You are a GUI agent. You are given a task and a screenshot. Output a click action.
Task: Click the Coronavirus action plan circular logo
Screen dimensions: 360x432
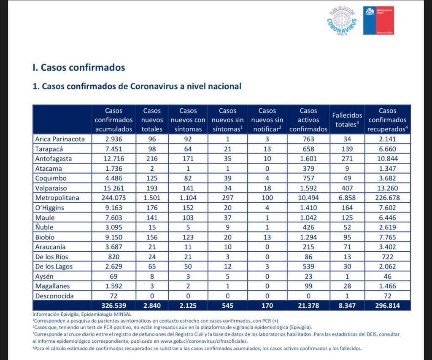click(x=342, y=21)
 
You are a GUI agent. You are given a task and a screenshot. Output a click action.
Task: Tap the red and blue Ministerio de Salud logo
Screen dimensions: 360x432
click(x=378, y=21)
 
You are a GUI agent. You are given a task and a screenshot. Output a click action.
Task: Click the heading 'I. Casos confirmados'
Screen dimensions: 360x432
click(x=79, y=67)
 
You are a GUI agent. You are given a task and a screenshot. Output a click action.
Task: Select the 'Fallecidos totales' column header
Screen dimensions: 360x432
click(x=347, y=120)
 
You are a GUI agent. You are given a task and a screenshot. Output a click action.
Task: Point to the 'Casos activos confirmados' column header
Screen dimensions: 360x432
click(x=308, y=120)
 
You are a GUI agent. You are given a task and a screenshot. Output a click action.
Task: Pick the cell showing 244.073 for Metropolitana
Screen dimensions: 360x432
click(x=113, y=198)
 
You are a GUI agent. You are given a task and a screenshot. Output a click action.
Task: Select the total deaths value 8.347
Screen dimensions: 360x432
click(x=347, y=306)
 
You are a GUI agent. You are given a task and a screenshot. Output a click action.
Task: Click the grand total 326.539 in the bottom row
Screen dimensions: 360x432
click(x=113, y=306)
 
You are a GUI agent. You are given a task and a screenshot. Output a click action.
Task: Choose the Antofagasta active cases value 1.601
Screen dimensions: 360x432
click(x=308, y=159)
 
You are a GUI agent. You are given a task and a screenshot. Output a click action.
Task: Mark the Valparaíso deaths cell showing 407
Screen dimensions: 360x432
click(x=347, y=188)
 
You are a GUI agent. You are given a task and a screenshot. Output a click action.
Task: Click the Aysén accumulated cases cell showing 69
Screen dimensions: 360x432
click(x=113, y=277)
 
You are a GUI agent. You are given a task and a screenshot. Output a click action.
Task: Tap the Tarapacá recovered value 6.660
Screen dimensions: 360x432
click(x=387, y=149)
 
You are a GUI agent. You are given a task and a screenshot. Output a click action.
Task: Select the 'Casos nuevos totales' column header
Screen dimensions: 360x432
click(x=152, y=120)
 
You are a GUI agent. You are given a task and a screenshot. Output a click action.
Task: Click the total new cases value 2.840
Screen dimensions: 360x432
click(x=152, y=306)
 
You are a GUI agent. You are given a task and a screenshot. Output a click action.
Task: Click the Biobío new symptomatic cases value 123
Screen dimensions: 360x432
click(x=188, y=237)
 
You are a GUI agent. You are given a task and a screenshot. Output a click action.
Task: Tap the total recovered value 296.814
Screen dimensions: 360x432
click(x=387, y=306)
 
